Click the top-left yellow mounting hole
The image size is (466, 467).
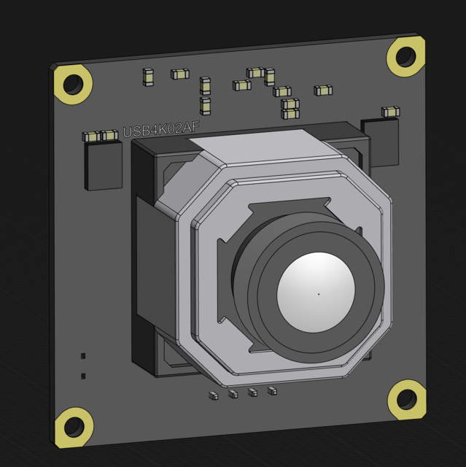73,85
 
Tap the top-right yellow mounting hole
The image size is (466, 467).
405,56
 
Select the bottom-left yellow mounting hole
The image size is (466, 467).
74,428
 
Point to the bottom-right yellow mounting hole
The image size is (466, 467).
406,399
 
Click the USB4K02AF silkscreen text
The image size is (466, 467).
160,130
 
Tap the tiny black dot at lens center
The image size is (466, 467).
318,294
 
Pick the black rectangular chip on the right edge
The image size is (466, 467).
380,143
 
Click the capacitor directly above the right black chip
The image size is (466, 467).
390,112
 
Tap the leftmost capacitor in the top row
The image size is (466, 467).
149,77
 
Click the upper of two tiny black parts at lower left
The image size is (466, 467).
83,355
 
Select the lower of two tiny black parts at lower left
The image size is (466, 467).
83,376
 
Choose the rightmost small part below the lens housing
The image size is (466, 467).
272,391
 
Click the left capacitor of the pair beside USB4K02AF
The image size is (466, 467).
91,136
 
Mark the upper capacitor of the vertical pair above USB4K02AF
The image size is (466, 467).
205,86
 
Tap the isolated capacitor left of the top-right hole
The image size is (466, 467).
323,90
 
